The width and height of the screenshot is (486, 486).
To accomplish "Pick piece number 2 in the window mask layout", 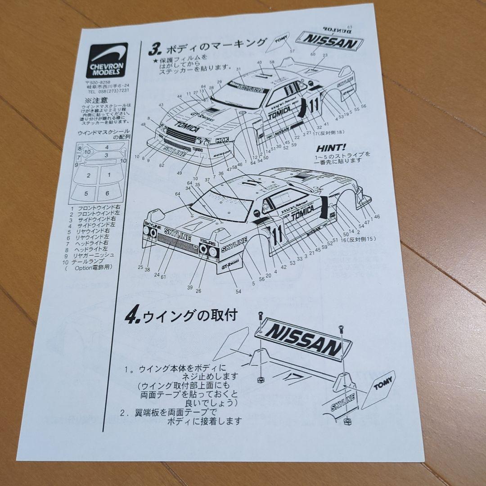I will pyautogui.click(x=89, y=175).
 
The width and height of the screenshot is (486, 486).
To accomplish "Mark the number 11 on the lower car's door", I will pyautogui.click(x=278, y=234).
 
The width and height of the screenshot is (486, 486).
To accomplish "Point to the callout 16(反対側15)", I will pyautogui.click(x=359, y=238).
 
